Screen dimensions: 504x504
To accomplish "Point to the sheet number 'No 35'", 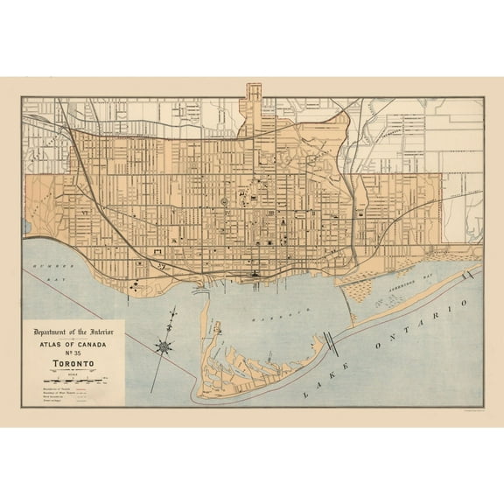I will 73,348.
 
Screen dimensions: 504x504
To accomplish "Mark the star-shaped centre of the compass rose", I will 164,346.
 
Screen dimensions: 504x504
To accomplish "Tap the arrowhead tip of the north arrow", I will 174,309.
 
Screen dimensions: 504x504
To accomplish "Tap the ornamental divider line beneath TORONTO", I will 73,364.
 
